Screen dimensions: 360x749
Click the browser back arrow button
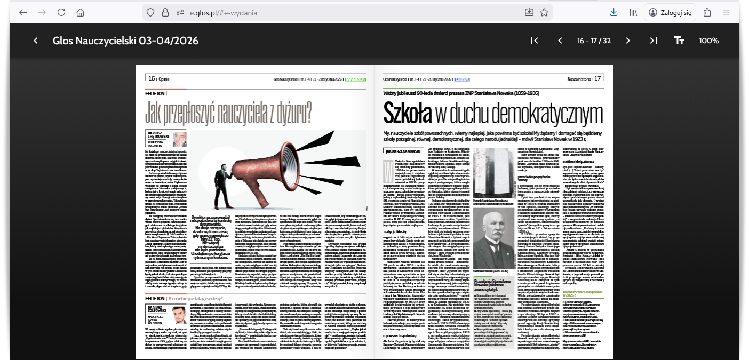(22, 12)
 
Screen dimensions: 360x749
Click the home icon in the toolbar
(81, 12)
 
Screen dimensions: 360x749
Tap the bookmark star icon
(544, 12)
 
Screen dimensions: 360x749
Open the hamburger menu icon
(726, 12)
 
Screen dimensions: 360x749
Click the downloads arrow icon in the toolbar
(613, 12)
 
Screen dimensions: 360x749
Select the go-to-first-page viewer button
(534, 41)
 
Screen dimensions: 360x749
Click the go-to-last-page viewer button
(653, 41)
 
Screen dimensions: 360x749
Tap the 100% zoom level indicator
(708, 41)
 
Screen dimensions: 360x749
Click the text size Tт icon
(679, 41)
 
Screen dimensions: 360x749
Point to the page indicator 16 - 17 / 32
(594, 41)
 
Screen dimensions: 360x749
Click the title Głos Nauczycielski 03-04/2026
(125, 41)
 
